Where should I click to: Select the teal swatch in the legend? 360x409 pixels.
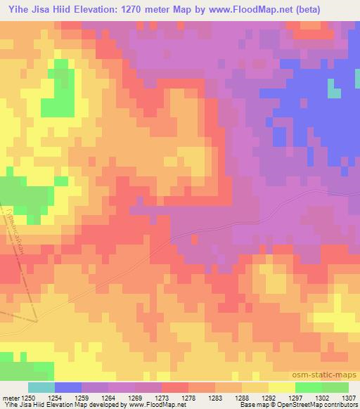click(x=41, y=387)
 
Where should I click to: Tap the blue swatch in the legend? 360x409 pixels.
click(x=68, y=387)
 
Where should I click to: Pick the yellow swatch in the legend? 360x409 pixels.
click(x=281, y=387)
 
